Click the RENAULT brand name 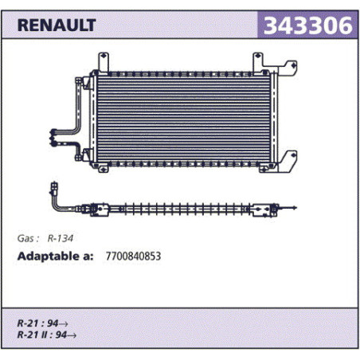57,25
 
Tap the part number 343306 308,25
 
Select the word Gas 25,238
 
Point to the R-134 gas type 61,238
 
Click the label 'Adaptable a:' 55,256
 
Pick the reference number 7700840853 133,256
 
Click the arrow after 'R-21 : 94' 63,324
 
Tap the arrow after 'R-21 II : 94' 72,335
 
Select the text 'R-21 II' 32,335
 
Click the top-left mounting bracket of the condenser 104,61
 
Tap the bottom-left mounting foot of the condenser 104,168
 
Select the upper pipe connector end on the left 53,131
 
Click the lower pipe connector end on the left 53,143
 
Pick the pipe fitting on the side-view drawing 54,189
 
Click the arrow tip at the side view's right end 295,208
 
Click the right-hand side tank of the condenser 274,117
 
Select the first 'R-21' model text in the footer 28,323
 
